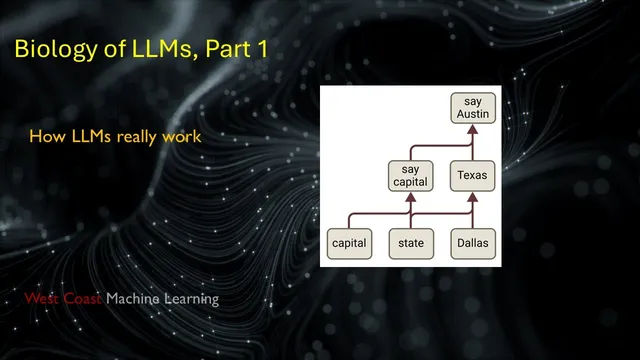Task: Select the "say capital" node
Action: coord(409,175)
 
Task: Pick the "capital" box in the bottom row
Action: coord(349,241)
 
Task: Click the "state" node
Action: coord(409,241)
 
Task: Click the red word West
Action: coord(45,299)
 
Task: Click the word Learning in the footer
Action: coord(194,299)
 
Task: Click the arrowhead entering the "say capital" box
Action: coord(409,194)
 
